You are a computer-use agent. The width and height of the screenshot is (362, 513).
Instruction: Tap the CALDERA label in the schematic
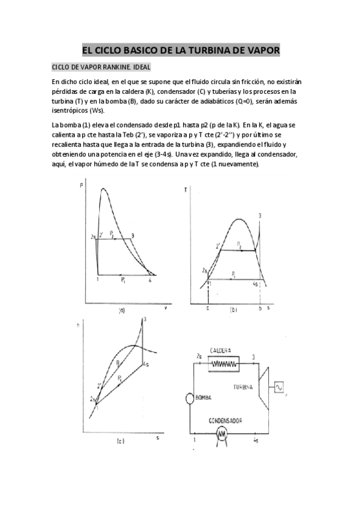[x=222, y=351]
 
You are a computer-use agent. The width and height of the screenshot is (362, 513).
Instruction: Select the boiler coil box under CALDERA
[x=223, y=364]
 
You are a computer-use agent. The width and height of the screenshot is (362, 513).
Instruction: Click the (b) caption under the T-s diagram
[x=233, y=310]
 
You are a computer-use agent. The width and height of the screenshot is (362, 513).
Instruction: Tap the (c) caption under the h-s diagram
[x=120, y=441]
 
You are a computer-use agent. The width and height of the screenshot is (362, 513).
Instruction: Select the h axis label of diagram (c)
[x=80, y=325]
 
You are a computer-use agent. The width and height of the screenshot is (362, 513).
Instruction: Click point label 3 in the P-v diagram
[x=132, y=236]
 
